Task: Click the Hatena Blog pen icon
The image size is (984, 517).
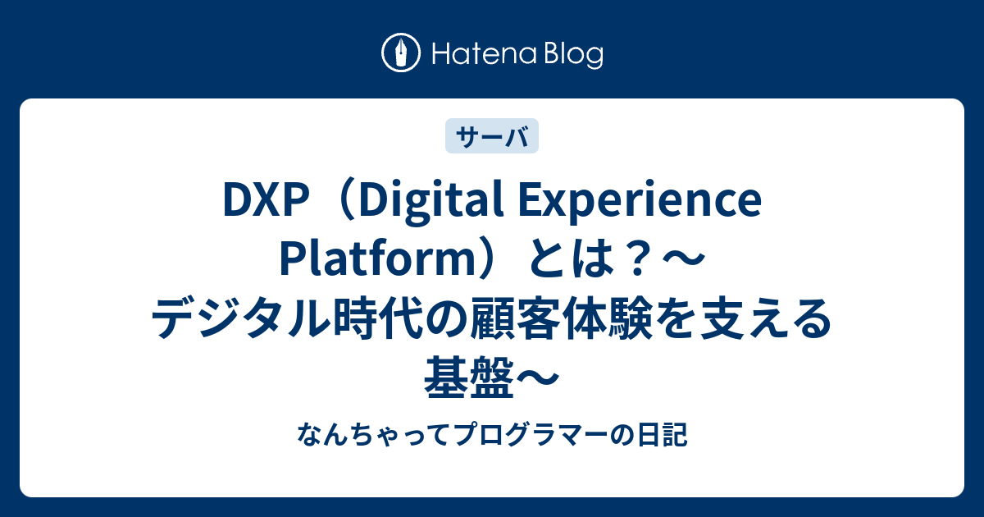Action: click(402, 54)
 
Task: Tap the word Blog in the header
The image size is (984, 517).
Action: click(572, 55)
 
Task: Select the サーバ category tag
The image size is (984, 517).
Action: click(492, 136)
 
